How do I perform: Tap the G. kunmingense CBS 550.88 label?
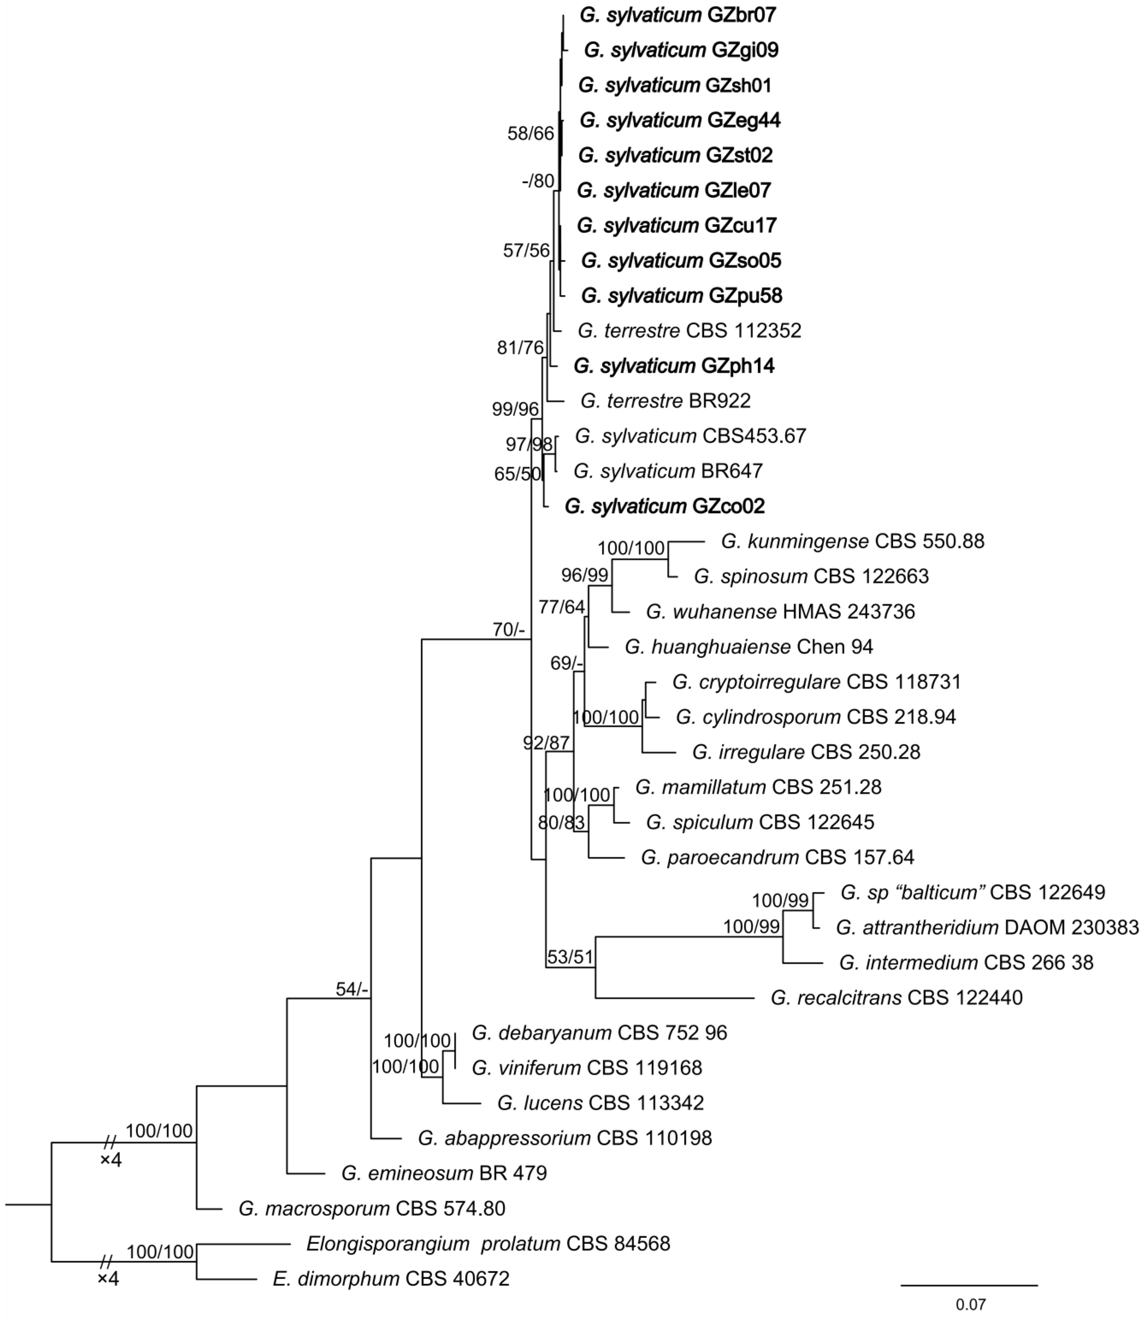(x=852, y=541)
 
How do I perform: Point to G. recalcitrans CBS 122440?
(x=896, y=997)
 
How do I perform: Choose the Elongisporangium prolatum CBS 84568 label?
(x=488, y=1243)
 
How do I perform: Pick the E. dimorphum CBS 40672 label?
(x=391, y=1278)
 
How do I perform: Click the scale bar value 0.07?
(x=970, y=1304)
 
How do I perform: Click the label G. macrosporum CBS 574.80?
(x=372, y=1208)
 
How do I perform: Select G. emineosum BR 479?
(x=444, y=1173)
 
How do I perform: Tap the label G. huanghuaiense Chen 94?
(x=748, y=646)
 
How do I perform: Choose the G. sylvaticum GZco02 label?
(x=664, y=506)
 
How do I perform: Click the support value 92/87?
(x=546, y=743)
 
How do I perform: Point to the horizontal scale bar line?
(x=969, y=1285)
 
